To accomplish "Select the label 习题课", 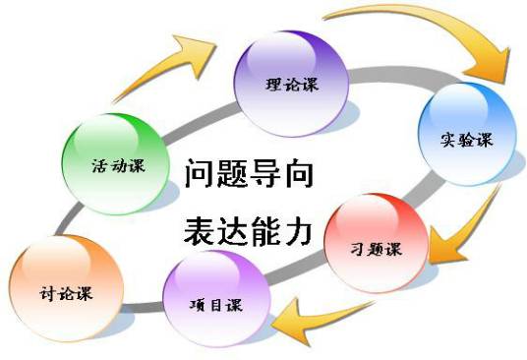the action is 377,248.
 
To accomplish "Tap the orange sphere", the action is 61,285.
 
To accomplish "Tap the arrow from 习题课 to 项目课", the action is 305,315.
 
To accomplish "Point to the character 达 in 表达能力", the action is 232,232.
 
